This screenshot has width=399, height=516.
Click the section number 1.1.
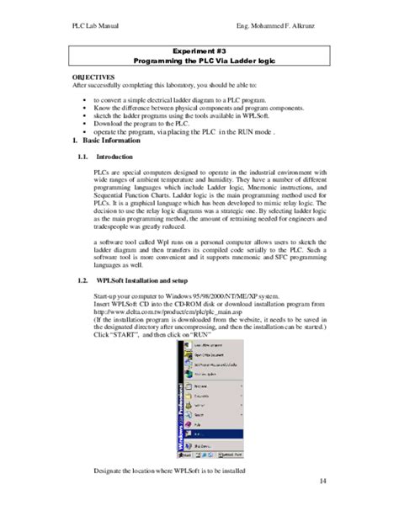pyautogui.click(x=82, y=157)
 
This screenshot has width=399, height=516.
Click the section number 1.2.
pyautogui.click(x=82, y=279)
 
